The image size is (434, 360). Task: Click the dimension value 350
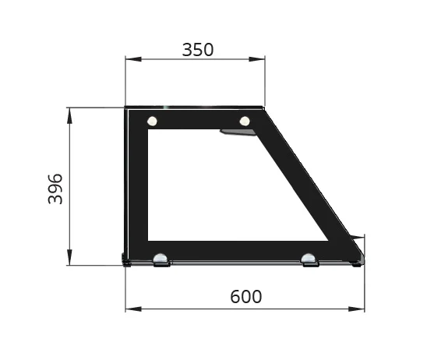[197, 50]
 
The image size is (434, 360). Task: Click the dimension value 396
[55, 189]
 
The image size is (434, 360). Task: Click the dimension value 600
[245, 297]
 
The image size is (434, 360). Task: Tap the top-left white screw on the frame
[152, 121]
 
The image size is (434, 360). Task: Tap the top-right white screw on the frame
[245, 121]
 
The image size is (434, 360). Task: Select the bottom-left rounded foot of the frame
[161, 259]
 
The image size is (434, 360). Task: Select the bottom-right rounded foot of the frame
[309, 259]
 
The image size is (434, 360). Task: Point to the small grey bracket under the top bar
[238, 132]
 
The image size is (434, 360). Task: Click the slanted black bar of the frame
[304, 179]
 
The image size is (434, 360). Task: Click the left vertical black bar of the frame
[137, 187]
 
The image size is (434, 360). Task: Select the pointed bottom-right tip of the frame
[362, 258]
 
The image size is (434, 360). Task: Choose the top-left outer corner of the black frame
[127, 109]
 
